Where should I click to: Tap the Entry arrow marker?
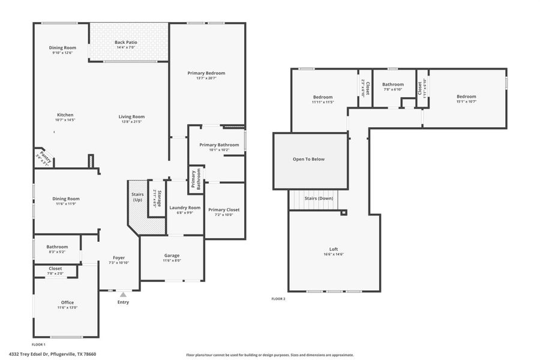pos(123,295)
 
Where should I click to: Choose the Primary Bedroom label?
pos(206,73)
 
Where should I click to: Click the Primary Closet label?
pos(223,209)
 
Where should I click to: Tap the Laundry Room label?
pos(185,208)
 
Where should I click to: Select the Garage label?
pos(172,255)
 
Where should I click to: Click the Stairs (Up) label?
pos(137,197)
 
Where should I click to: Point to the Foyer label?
pos(119,257)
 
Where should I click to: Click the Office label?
pos(67,302)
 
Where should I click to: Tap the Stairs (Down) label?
pos(319,198)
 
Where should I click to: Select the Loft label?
pos(334,249)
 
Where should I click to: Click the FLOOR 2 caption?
pos(278,298)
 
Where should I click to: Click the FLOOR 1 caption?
pos(38,344)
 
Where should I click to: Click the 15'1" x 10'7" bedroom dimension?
pos(466,102)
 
